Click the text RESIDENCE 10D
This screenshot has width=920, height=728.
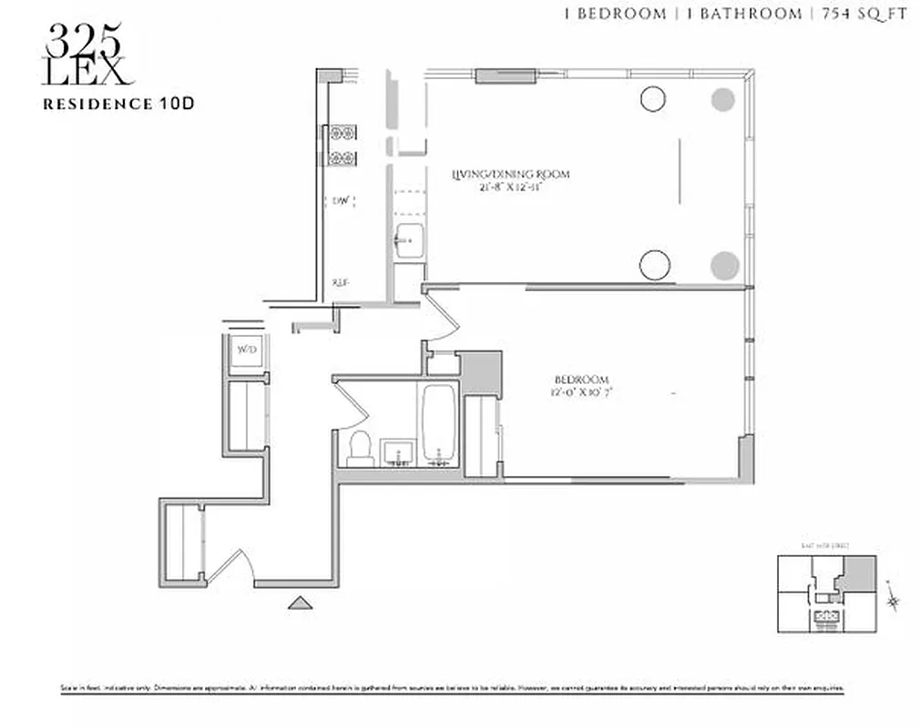(x=118, y=104)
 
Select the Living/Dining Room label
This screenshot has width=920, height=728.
(x=511, y=179)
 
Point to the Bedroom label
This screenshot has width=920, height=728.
(x=581, y=386)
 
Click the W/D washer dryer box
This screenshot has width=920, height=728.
(x=246, y=350)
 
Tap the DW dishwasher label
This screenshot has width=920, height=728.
(x=342, y=200)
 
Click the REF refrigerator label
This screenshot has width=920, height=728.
(x=342, y=283)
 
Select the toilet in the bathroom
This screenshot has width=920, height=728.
(x=360, y=448)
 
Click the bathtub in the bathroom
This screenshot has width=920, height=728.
(x=439, y=424)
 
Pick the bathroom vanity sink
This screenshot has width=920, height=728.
(x=397, y=451)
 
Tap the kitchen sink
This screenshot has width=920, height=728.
(x=408, y=241)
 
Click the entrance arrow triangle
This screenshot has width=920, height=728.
(x=299, y=602)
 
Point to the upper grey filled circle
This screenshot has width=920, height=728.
(x=723, y=98)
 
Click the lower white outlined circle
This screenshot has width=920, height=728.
(x=654, y=265)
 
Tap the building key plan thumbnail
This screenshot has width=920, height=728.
(x=826, y=593)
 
